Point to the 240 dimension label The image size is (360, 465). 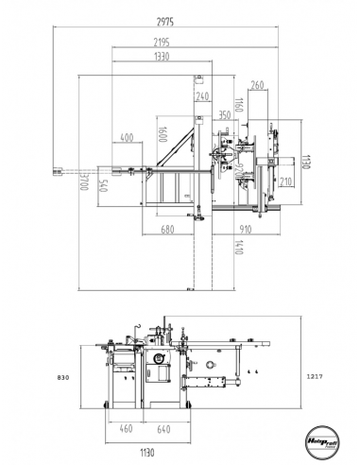tap(202, 96)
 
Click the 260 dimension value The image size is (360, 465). tap(258, 86)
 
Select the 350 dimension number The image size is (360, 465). tap(224, 114)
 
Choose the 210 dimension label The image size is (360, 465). tap(286, 181)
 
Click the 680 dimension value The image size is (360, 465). tap(167, 230)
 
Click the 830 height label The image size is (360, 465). tap(63, 376)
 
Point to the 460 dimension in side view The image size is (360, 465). tap(125, 430)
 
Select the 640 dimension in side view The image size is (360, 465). tap(163, 430)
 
